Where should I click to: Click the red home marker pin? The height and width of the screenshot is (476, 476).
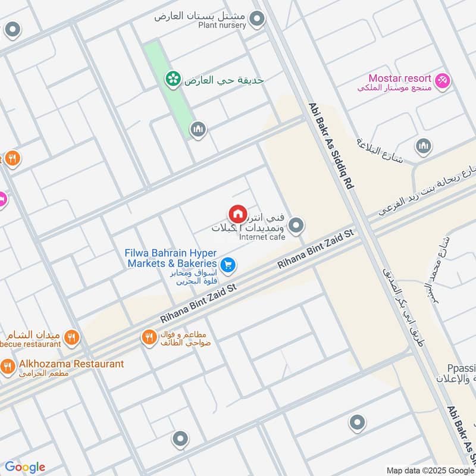[x=237, y=214]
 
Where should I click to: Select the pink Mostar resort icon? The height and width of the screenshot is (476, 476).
[x=442, y=80]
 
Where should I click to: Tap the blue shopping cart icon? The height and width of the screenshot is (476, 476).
[x=227, y=264]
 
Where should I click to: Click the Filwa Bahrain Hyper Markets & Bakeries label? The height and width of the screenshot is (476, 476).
[x=170, y=258]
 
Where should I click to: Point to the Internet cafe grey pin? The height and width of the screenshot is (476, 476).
[x=296, y=225]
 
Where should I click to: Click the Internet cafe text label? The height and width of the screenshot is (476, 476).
[x=262, y=237]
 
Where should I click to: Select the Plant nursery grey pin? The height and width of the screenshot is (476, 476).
[x=257, y=19]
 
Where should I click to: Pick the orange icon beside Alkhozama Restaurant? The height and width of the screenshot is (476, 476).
[x=8, y=367]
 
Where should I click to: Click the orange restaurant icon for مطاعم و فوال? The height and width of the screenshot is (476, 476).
[x=149, y=337]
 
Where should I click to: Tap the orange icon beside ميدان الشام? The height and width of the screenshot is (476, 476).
[x=72, y=337]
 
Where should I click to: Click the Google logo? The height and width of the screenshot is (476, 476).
[x=25, y=467]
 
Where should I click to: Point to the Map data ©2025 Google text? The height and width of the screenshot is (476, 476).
[x=430, y=470]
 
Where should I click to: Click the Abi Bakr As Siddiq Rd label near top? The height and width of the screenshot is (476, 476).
[x=331, y=146]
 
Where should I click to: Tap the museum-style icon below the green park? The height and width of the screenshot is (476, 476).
[x=198, y=129]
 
